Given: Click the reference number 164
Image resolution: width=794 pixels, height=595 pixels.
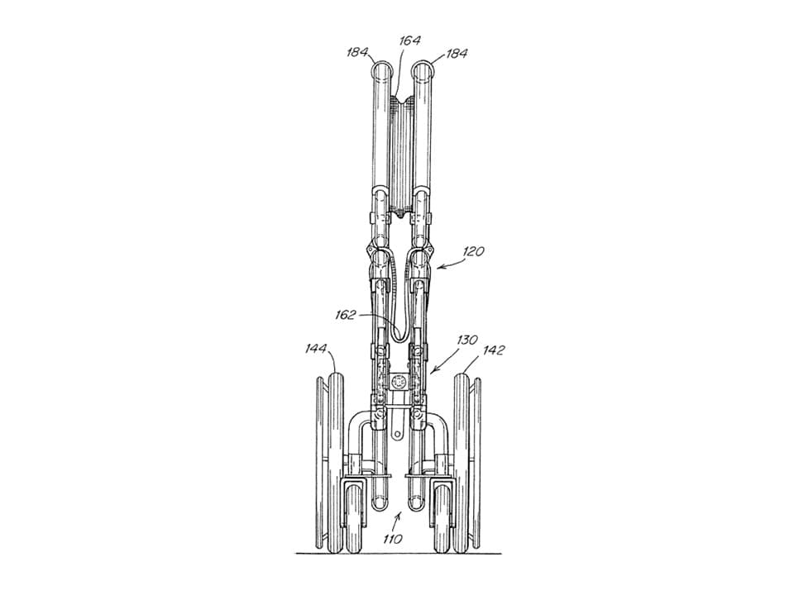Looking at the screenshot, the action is [409, 40].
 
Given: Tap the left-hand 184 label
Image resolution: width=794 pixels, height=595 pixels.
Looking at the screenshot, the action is [357, 52].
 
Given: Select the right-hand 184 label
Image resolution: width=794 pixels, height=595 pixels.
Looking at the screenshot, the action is [456, 53].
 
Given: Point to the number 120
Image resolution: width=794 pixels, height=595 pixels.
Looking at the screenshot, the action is [473, 251].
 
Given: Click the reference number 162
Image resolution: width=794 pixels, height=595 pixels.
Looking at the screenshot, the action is [346, 315].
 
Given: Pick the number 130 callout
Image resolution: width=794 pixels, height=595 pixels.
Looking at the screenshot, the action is [466, 340].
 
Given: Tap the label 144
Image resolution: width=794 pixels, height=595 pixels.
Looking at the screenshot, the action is [316, 349].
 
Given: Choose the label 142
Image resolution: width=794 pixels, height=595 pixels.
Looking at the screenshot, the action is [493, 350].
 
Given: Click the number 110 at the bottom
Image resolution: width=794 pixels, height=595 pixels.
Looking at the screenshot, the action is [392, 539].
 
